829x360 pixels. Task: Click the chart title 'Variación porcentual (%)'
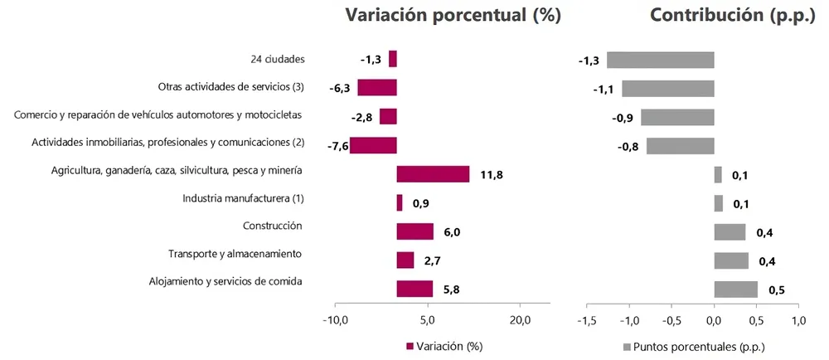[x=453, y=16]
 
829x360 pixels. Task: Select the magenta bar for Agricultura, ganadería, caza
[x=433, y=174]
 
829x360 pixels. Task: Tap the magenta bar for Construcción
[x=414, y=231]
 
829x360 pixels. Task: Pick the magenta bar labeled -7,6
[x=373, y=145]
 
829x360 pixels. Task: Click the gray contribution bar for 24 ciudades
[x=660, y=60]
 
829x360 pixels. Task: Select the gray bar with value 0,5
[x=735, y=289]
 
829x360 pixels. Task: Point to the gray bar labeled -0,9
[x=677, y=117]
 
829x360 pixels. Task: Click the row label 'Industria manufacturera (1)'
[x=243, y=198]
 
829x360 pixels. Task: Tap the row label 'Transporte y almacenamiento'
[x=235, y=254]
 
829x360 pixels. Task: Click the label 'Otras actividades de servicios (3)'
[x=231, y=86]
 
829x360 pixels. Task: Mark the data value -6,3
[x=341, y=89]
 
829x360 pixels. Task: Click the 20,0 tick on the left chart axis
[x=520, y=320]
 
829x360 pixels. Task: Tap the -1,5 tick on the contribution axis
[x=586, y=320]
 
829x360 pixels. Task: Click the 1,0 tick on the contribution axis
[x=798, y=320]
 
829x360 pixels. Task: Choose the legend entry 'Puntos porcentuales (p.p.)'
[x=693, y=346]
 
